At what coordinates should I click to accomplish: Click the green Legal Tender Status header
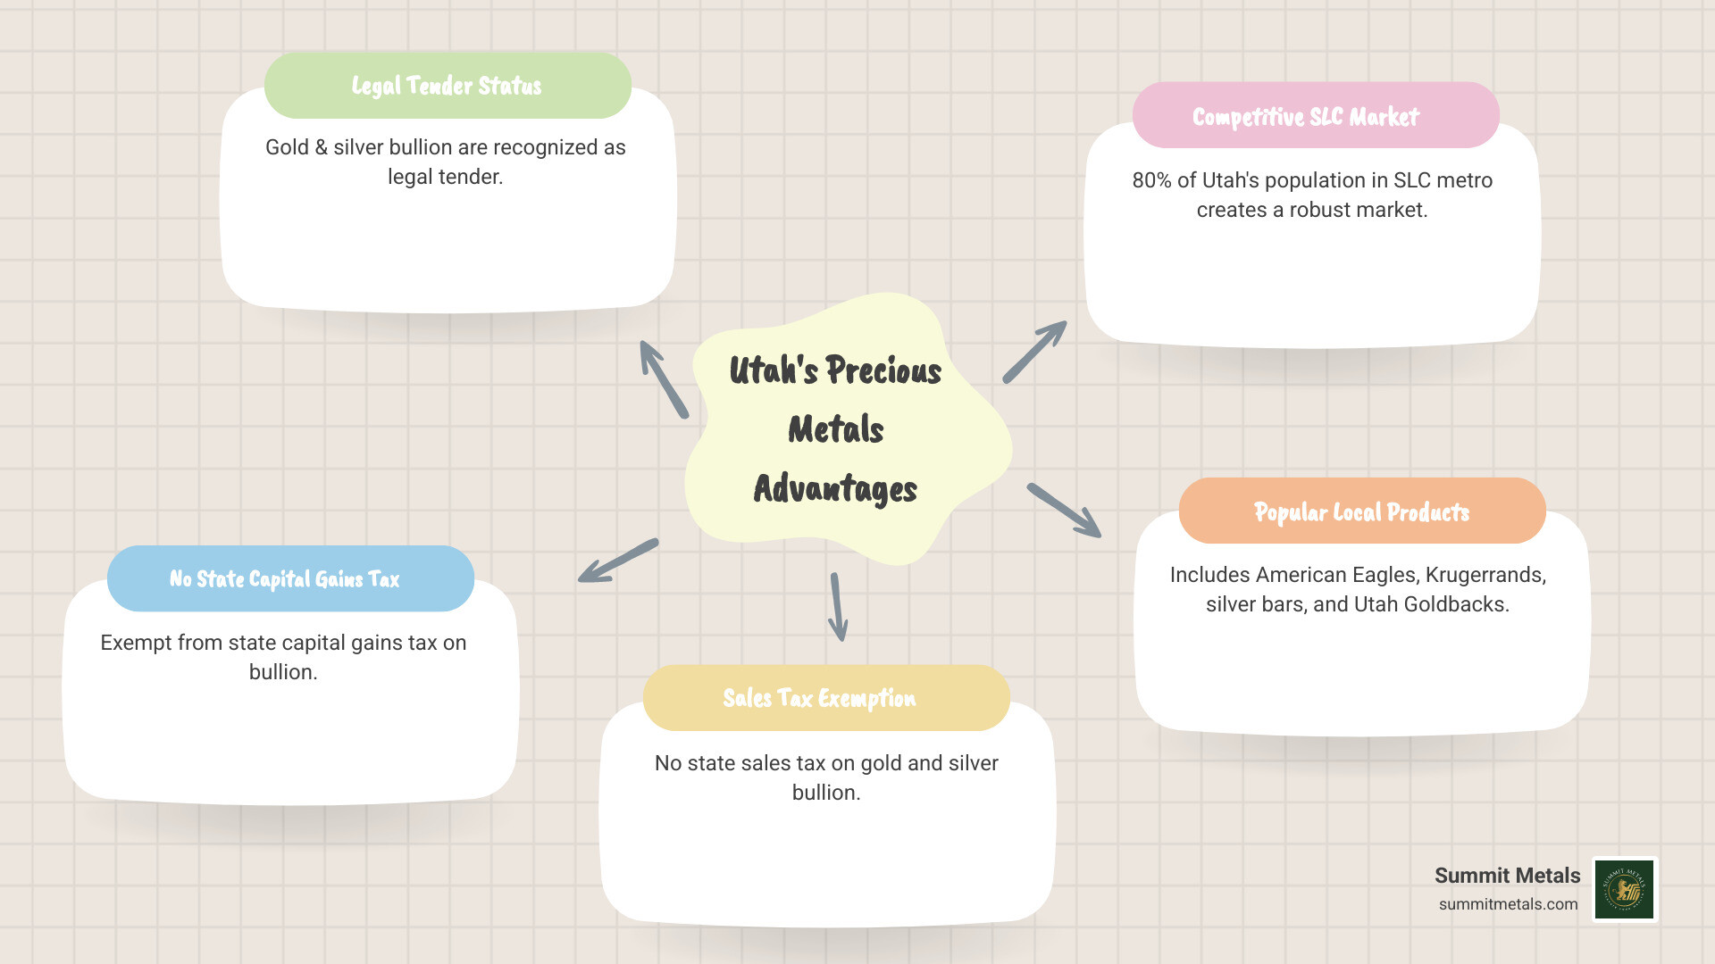coord(447,86)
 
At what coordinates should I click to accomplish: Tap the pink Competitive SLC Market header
coord(1315,116)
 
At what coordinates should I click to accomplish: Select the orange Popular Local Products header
coord(1361,511)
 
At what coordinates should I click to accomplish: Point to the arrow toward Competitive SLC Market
coord(1035,352)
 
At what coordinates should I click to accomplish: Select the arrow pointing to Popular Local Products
coord(1064,511)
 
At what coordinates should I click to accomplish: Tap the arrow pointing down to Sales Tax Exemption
coord(838,607)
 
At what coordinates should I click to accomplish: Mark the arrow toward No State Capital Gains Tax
coord(618,561)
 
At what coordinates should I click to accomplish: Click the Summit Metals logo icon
coord(1625,889)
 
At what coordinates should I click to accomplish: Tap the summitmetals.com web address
coord(1508,904)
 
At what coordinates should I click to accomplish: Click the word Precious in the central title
coord(883,370)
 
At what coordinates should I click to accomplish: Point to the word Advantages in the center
coord(835,489)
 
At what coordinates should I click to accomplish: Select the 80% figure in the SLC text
coord(1151,180)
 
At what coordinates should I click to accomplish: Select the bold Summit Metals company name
coord(1507,876)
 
